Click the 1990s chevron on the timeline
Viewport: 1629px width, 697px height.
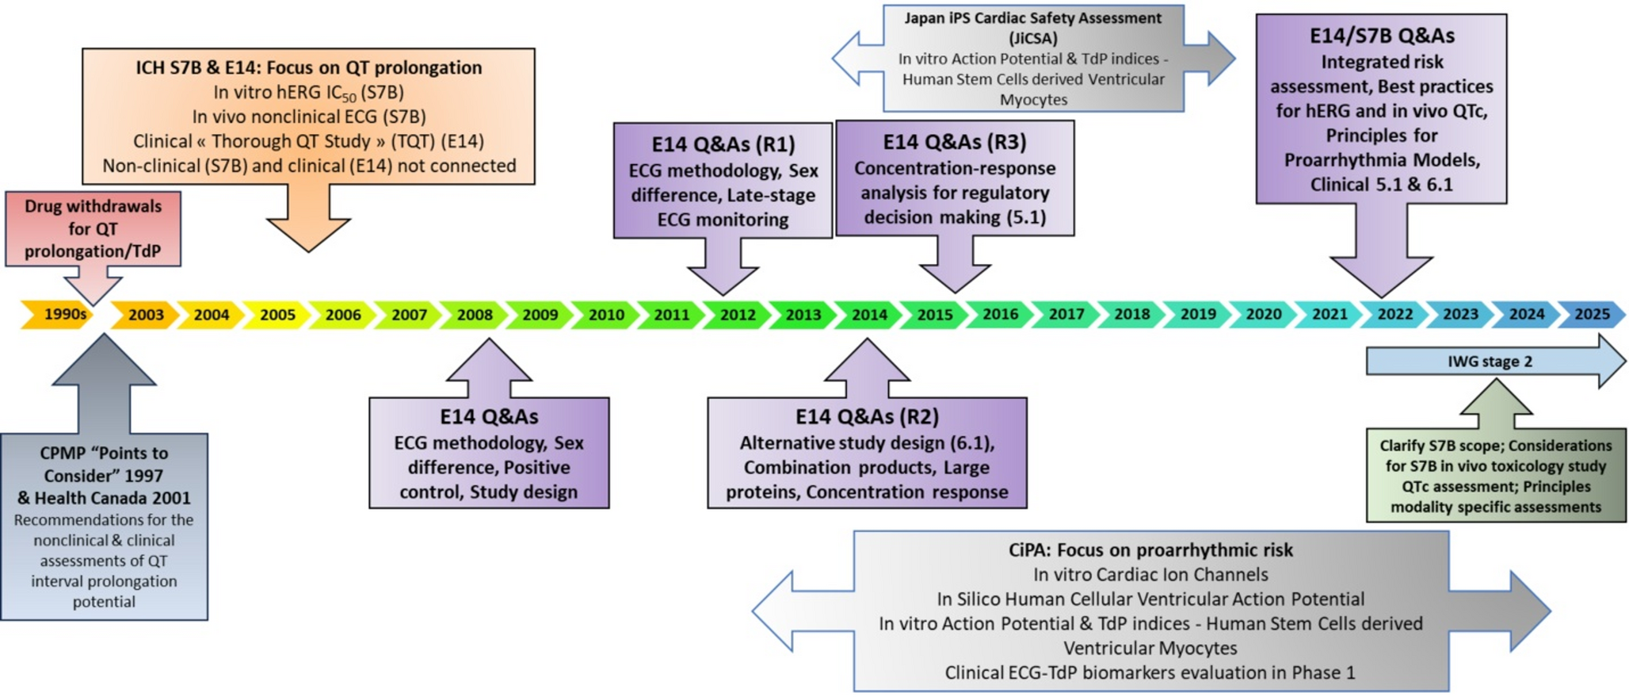point(63,315)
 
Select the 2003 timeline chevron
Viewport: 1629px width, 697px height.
point(146,315)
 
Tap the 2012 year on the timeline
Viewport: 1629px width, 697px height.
point(738,315)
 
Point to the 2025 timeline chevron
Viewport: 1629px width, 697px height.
point(1592,315)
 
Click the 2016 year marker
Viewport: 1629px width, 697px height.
point(1001,315)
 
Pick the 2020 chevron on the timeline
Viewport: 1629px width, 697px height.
point(1264,315)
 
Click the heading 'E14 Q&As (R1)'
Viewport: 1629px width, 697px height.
point(723,144)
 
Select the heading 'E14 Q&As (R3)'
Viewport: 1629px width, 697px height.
point(955,142)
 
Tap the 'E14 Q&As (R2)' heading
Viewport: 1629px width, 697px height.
point(867,417)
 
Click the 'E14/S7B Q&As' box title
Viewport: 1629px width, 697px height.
point(1382,36)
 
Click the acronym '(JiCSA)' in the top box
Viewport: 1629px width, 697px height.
point(1033,38)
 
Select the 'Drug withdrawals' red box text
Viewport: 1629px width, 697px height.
point(93,207)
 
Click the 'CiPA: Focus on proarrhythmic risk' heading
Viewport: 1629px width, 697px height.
point(1150,550)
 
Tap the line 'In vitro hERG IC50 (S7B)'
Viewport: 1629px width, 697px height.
point(308,93)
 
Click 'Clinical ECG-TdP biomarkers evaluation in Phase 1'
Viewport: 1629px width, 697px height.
point(1150,673)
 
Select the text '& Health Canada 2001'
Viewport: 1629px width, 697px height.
point(104,498)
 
